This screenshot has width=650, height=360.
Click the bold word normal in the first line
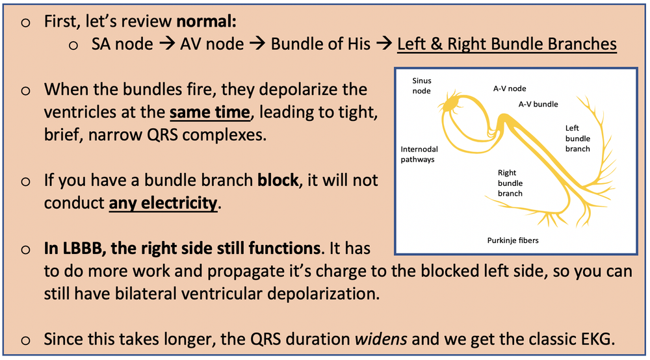[207, 21]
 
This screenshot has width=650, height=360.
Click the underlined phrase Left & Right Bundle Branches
[506, 44]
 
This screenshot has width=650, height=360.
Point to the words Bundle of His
[320, 44]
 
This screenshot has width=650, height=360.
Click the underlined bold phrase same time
[209, 112]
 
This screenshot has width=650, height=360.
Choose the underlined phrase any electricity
[163, 203]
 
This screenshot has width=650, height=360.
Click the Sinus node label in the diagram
[422, 86]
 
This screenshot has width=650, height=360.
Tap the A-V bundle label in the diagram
[538, 103]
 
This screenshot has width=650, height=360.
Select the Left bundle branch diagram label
[577, 138]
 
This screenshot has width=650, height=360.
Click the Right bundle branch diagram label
[510, 183]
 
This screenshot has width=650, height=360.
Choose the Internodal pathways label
[419, 153]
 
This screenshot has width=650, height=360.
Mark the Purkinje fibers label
[513, 240]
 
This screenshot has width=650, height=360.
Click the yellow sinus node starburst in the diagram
[449, 104]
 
